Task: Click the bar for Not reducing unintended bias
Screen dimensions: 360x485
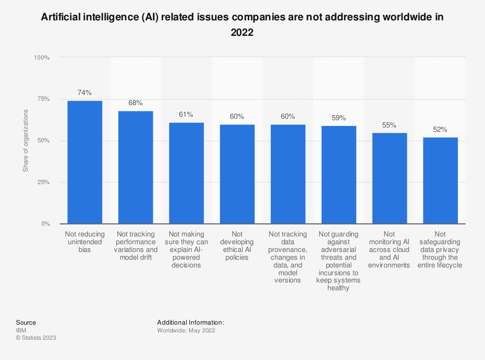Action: coord(85,162)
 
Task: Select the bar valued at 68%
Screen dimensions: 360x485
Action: coord(135,167)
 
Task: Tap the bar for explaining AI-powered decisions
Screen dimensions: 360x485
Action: coord(186,173)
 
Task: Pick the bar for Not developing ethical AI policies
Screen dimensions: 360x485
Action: coord(237,174)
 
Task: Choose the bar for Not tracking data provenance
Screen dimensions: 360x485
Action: coord(288,174)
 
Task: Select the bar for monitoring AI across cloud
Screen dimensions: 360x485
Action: coord(389,178)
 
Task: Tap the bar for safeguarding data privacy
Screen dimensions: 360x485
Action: coord(440,180)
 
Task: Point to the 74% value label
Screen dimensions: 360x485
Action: coord(85,93)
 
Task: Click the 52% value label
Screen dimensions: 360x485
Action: coord(440,129)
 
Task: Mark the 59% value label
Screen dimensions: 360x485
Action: coord(339,118)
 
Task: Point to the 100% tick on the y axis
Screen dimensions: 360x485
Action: coord(42,57)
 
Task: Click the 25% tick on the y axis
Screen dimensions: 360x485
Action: coord(43,182)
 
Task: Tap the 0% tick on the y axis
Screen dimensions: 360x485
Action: coord(45,224)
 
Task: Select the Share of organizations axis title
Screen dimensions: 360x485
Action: coord(26,141)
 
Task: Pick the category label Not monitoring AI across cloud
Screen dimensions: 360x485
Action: coord(389,250)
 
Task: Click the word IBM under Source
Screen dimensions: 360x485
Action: coord(21,330)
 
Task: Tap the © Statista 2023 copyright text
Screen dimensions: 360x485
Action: coord(36,338)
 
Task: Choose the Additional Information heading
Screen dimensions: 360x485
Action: coord(191,322)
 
